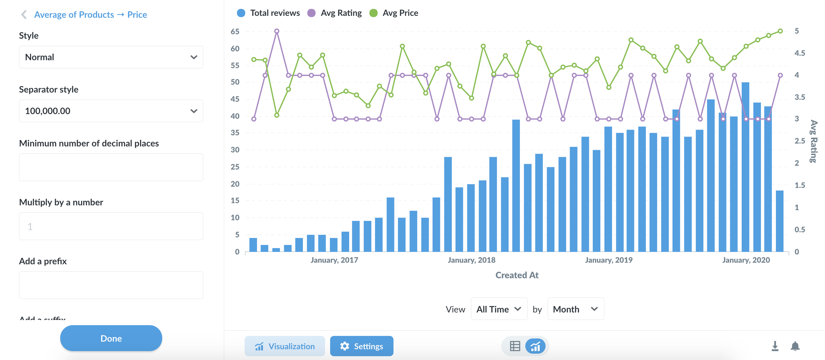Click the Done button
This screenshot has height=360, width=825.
click(x=111, y=338)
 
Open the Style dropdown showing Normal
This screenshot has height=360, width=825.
click(x=111, y=57)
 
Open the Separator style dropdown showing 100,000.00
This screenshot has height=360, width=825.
click(x=111, y=111)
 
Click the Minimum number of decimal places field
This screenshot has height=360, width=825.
click(x=111, y=167)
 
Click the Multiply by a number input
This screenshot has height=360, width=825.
click(x=111, y=226)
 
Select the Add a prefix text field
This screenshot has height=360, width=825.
click(x=111, y=285)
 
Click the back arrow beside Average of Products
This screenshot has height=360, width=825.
click(x=24, y=15)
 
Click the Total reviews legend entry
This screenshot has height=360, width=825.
click(x=268, y=13)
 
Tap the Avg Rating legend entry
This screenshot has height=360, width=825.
click(x=335, y=13)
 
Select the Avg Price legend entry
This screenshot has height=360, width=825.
click(x=394, y=13)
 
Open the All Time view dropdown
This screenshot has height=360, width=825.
click(x=499, y=309)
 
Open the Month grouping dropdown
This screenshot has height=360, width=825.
click(x=576, y=309)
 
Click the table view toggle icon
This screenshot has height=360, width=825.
click(x=515, y=346)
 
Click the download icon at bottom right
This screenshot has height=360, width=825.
click(x=775, y=346)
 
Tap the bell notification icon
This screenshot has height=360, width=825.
click(x=795, y=346)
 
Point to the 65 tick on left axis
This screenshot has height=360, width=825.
click(x=235, y=31)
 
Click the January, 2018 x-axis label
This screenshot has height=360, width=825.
click(x=471, y=260)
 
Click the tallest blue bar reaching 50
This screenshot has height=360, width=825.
click(x=745, y=167)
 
